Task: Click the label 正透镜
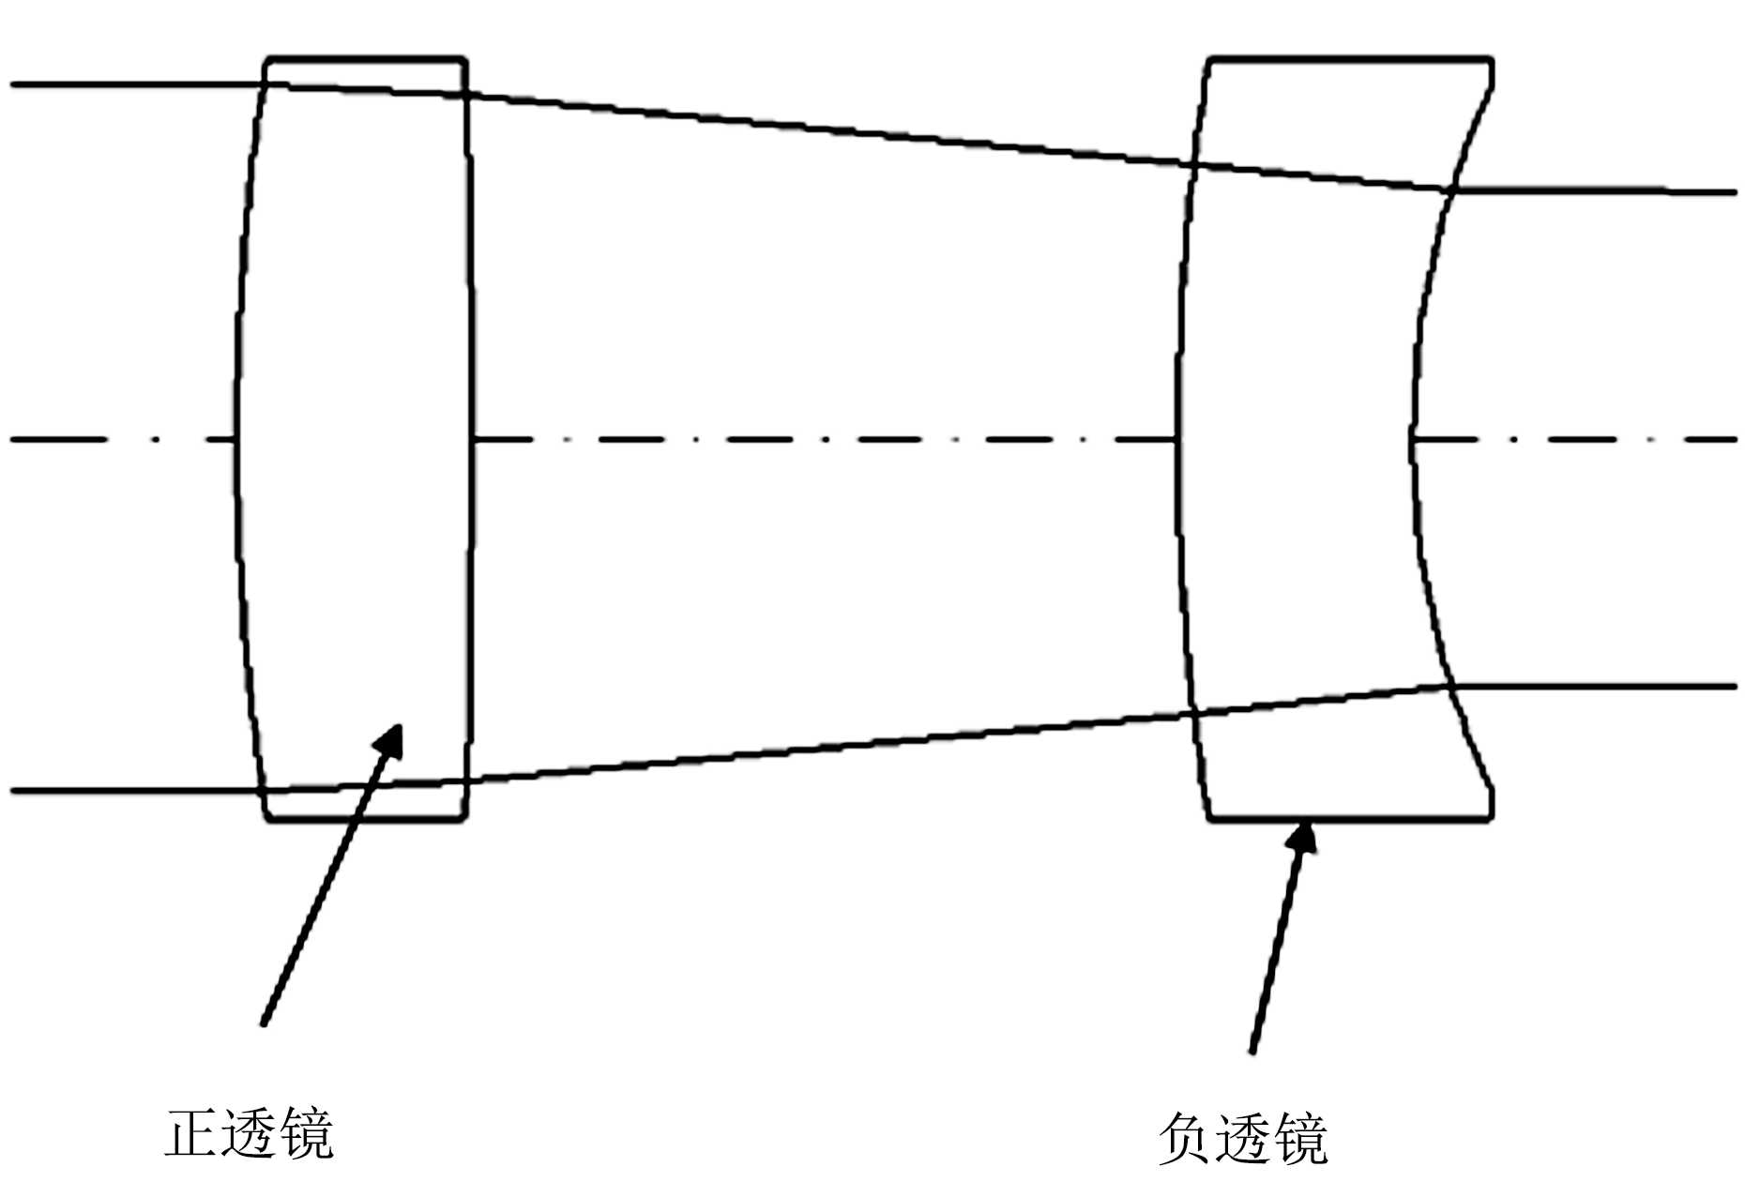250,1134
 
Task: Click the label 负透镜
1242,1138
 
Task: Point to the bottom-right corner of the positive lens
464,819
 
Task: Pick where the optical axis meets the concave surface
1411,439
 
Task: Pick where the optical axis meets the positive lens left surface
235,439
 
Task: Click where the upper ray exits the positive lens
466,95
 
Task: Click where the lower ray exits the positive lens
466,779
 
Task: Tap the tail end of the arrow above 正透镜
264,1024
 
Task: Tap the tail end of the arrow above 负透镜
1252,1052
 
